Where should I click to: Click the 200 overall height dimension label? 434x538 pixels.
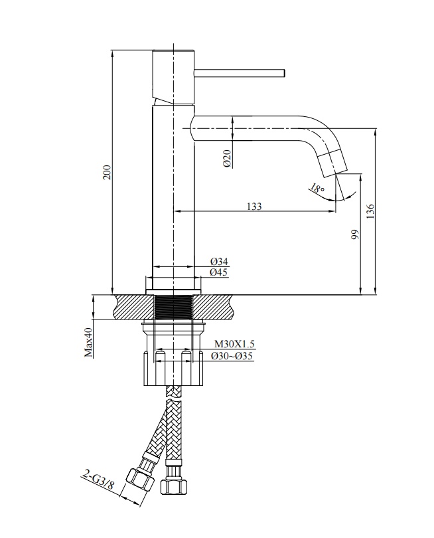(108, 172)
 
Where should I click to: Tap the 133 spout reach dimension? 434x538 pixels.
(254, 206)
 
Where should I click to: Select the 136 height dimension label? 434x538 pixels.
(370, 212)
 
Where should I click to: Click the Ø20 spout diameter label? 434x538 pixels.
(227, 159)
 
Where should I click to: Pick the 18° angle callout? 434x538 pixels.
(317, 188)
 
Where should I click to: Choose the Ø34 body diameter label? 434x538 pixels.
(219, 262)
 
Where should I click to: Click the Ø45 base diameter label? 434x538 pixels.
(219, 272)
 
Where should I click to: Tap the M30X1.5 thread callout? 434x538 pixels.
(234, 344)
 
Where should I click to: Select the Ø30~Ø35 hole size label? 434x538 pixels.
(232, 356)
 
